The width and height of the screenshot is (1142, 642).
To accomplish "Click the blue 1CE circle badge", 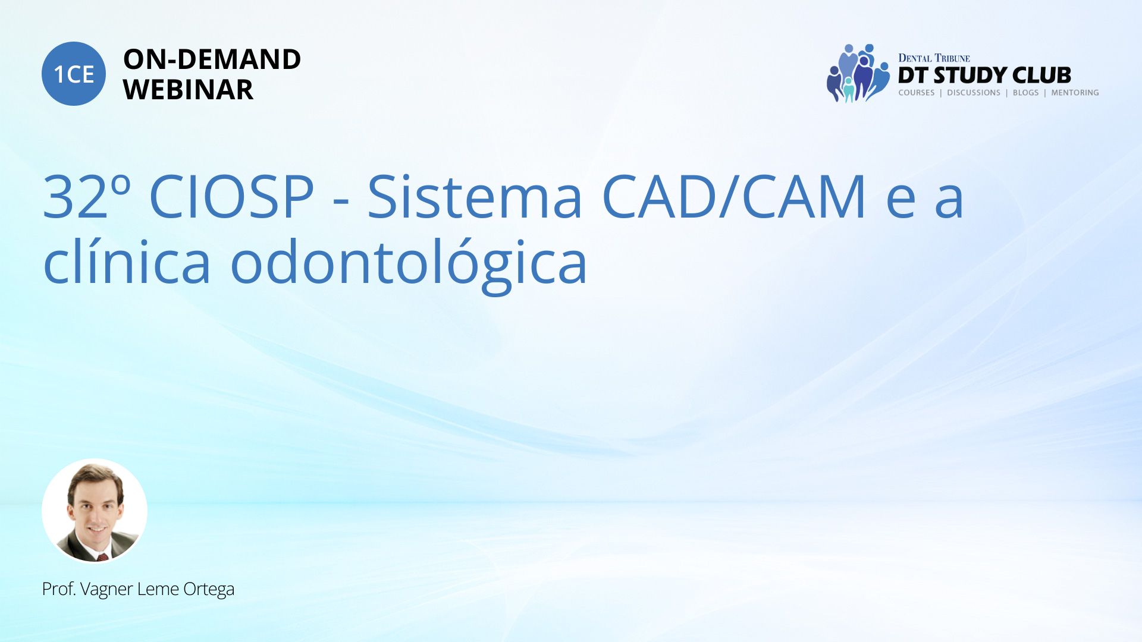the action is click(74, 74).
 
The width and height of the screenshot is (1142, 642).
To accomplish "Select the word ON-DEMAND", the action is click(212, 59).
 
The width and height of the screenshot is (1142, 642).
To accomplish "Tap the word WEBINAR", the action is click(188, 90).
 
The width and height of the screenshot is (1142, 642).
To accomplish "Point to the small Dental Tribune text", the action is click(934, 58).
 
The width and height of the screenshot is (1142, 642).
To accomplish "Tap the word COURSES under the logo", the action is click(916, 93).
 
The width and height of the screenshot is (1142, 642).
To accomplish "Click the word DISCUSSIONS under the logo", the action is click(974, 93).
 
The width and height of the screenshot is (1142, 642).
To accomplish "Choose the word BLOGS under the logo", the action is click(1025, 93).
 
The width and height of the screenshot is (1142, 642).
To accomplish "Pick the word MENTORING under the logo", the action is click(1075, 93).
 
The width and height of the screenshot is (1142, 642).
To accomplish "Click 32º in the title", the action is click(87, 196).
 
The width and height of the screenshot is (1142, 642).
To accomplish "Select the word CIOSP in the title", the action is click(231, 196).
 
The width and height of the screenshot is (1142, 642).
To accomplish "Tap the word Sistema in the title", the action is click(475, 196).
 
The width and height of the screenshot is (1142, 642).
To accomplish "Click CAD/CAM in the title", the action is click(735, 196).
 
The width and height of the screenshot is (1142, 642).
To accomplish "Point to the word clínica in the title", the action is click(127, 262).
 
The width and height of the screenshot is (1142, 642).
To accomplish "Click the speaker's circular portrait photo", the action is click(95, 511).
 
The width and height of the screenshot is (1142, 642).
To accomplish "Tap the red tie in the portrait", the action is click(102, 557).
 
